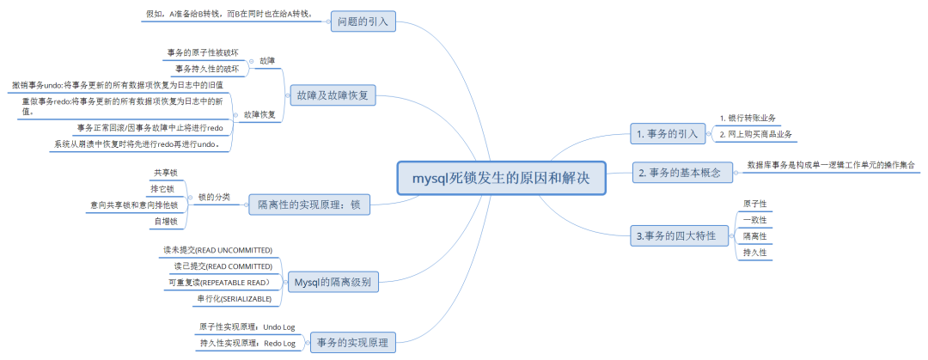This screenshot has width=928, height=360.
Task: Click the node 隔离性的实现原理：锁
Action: pyautogui.click(x=308, y=204)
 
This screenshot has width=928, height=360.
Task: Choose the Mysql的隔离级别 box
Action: pyautogui.click(x=333, y=281)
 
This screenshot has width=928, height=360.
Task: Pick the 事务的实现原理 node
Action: pyautogui.click(x=352, y=343)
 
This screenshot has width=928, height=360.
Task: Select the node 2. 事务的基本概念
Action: pyautogui.click(x=682, y=173)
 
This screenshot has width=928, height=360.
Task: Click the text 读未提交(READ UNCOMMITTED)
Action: pyautogui.click(x=217, y=249)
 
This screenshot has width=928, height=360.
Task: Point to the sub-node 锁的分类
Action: pyautogui.click(x=214, y=197)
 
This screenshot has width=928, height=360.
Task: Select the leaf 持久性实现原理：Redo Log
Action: pyautogui.click(x=247, y=343)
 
